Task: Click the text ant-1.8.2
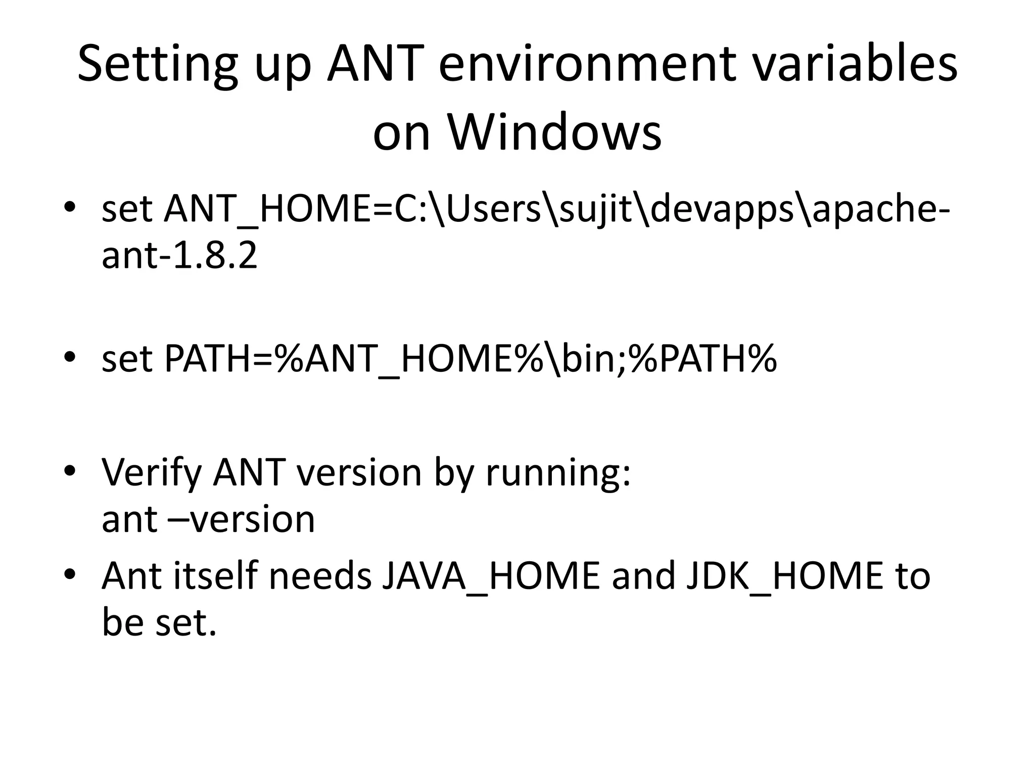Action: click(x=179, y=256)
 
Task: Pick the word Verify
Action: click(x=152, y=473)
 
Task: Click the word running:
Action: click(x=558, y=473)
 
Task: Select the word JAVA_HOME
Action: click(x=490, y=576)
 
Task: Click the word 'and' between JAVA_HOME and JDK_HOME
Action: click(x=643, y=576)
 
